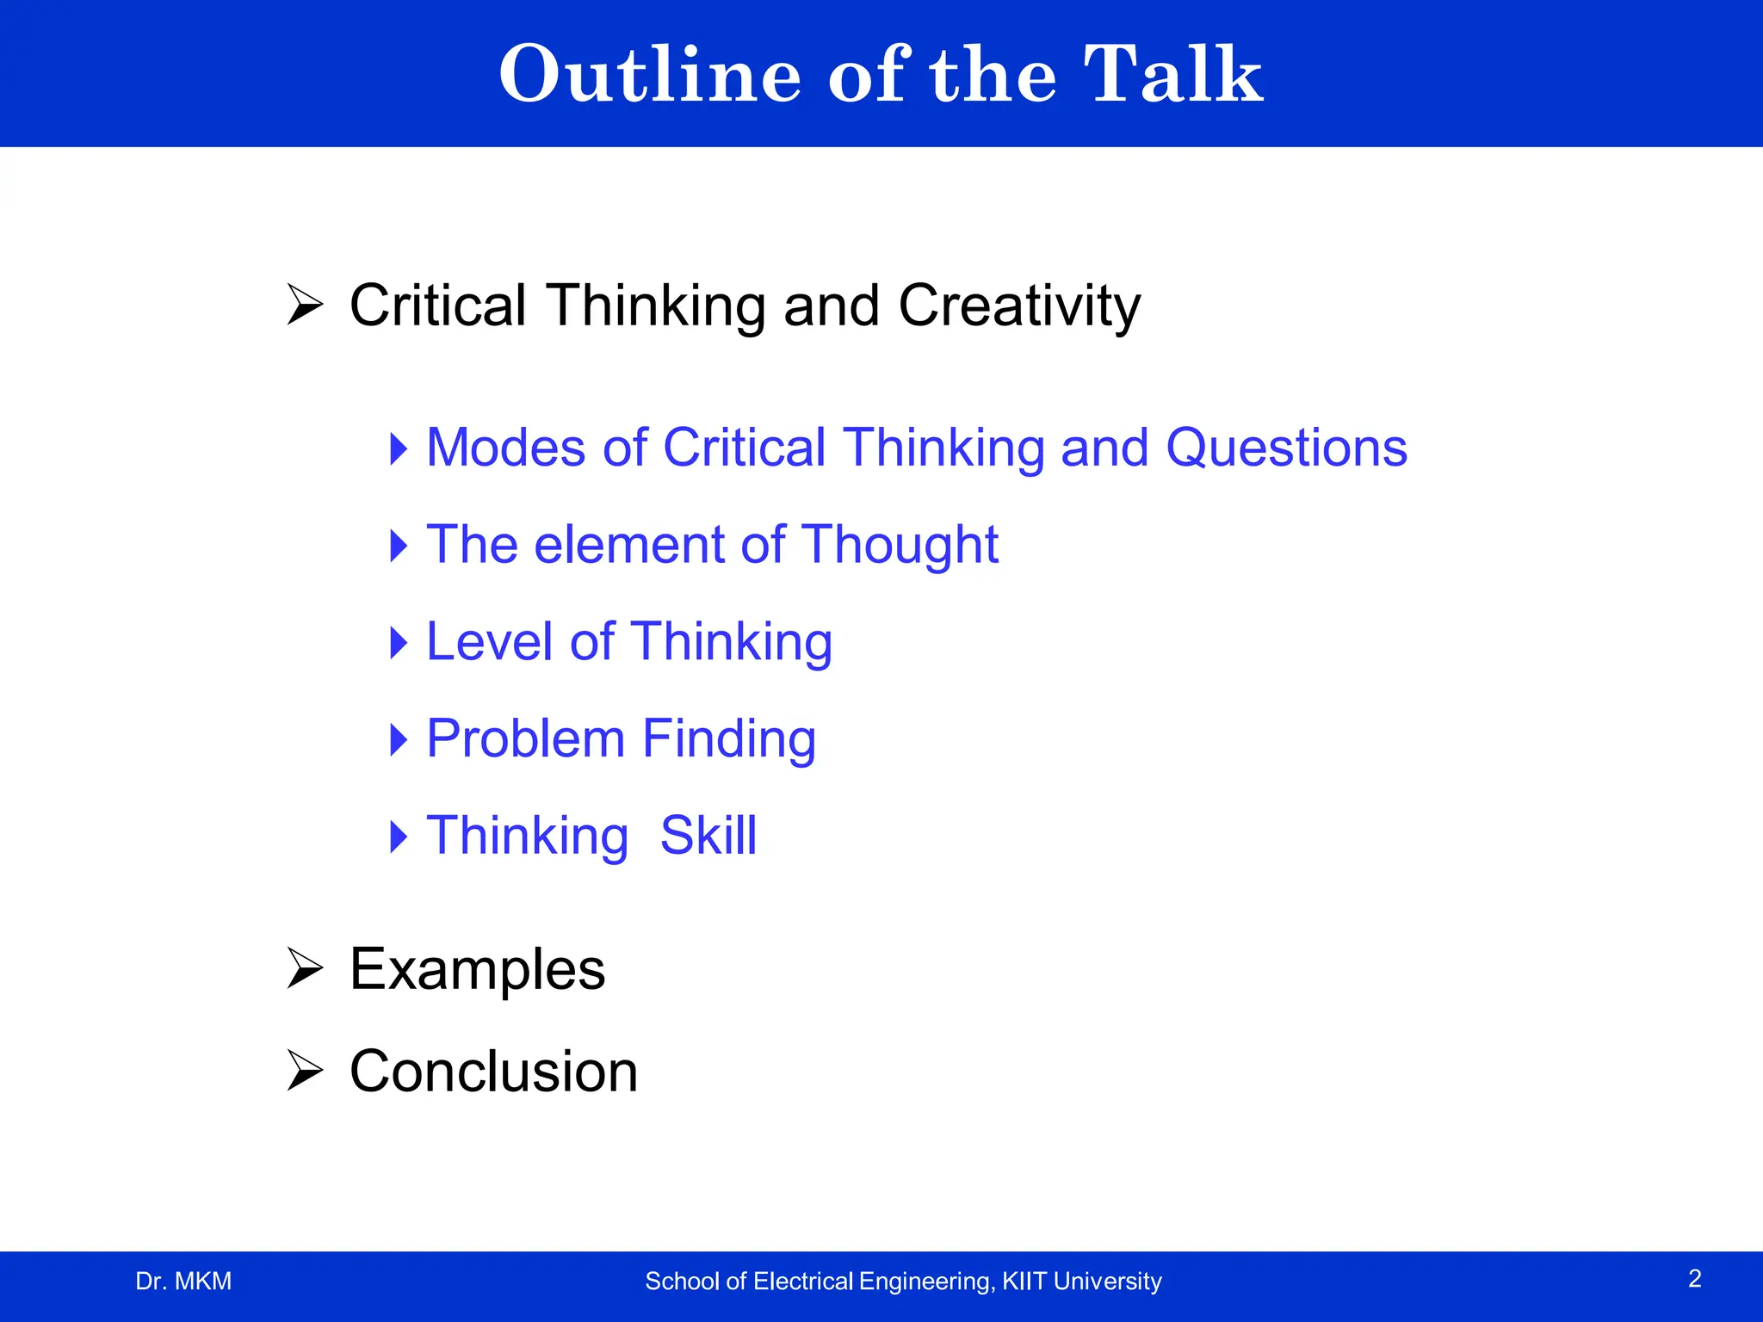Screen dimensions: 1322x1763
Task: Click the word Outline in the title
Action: coord(650,76)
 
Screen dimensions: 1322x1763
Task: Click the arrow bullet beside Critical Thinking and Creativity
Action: coord(305,305)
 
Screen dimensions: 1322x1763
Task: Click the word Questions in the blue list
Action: coord(1286,448)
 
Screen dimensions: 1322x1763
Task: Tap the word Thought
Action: coord(900,545)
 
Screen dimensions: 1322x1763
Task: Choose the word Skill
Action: coord(708,836)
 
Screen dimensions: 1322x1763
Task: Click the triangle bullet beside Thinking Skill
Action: coord(399,836)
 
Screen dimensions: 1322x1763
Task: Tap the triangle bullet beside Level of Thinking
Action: coord(399,642)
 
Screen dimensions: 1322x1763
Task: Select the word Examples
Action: coord(478,970)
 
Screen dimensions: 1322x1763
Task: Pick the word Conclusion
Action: coord(493,1072)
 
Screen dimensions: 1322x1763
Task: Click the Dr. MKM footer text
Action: coord(183,1282)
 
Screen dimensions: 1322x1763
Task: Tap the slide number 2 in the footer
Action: coord(1694,1279)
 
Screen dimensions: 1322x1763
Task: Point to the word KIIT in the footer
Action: coord(1024,1282)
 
